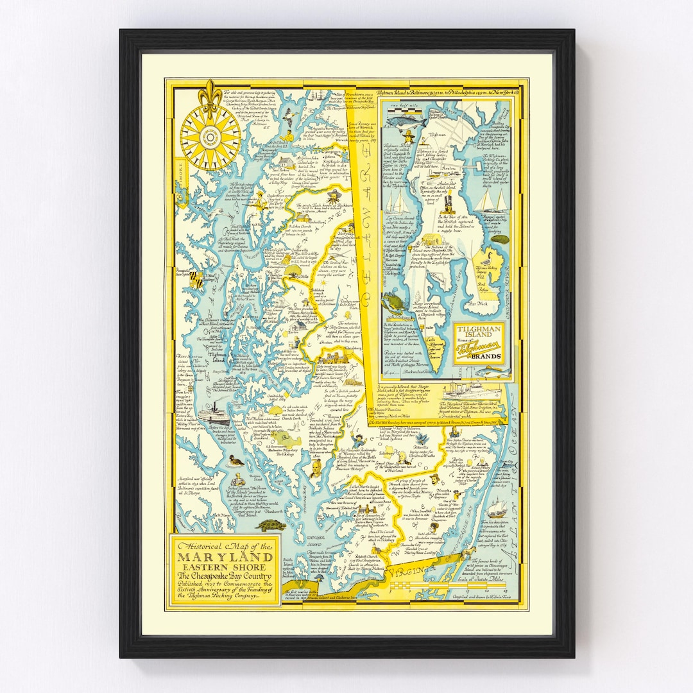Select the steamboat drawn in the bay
[213, 414]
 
